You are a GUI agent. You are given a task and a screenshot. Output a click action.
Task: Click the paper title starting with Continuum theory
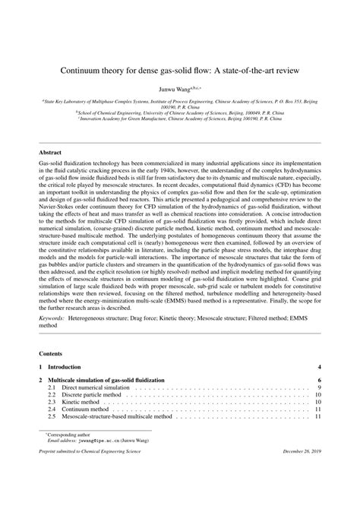[x=180, y=68]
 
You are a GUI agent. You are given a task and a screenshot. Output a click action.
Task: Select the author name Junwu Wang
[x=178, y=88]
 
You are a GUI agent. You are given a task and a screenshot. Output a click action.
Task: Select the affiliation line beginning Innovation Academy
[x=180, y=119]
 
